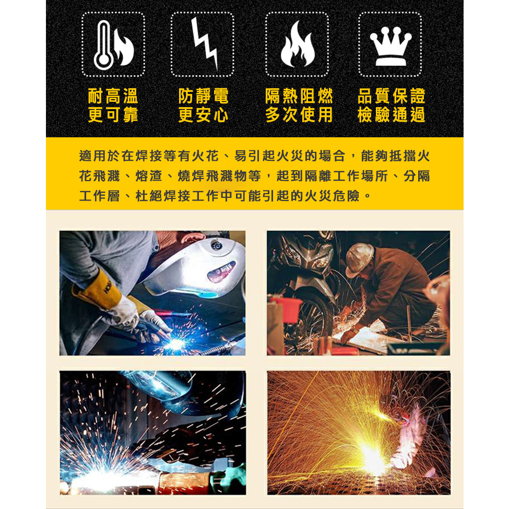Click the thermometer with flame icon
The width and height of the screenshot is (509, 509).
(113, 45)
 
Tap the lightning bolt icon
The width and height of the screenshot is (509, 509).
(205, 43)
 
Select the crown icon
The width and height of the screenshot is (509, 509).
(390, 46)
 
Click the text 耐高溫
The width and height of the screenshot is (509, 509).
(113, 96)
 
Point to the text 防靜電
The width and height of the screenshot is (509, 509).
(203, 96)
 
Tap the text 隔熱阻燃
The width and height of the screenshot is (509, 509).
(299, 96)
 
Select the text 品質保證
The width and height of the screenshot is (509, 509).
(391, 96)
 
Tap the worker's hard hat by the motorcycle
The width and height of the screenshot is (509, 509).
(359, 259)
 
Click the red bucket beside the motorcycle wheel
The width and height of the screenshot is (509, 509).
(285, 309)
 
